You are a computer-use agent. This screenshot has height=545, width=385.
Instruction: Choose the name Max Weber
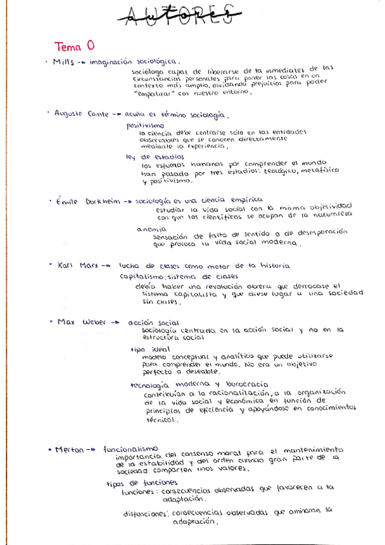pos(81,321)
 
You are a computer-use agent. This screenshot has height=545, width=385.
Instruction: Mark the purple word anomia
pos(152,228)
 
